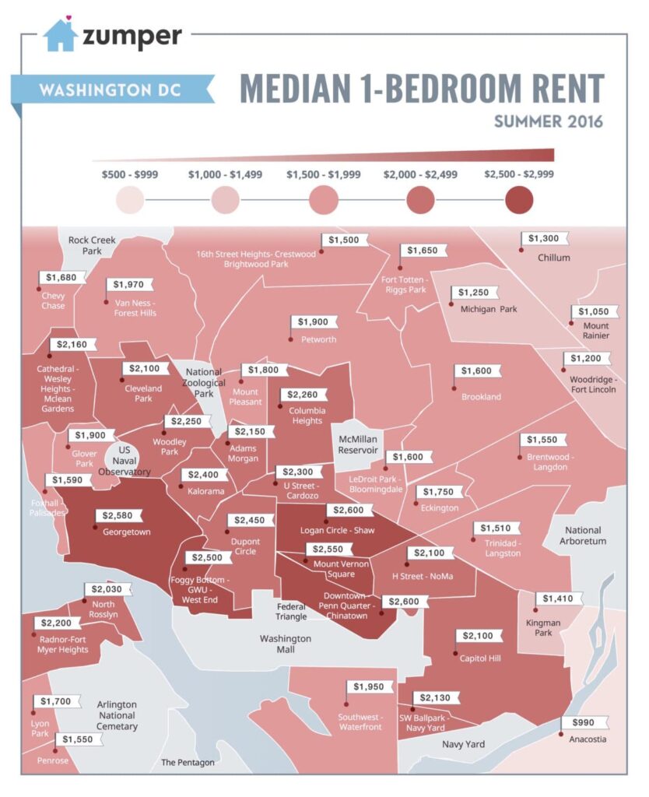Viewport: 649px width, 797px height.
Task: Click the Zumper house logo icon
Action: pos(60,35)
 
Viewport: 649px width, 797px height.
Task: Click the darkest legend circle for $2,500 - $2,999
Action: pos(518,202)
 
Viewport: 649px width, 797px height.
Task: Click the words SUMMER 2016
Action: pos(549,122)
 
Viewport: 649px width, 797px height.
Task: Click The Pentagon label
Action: pos(188,762)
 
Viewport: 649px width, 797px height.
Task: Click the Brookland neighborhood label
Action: pos(481,397)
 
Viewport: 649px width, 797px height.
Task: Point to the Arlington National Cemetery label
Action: pos(117,715)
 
